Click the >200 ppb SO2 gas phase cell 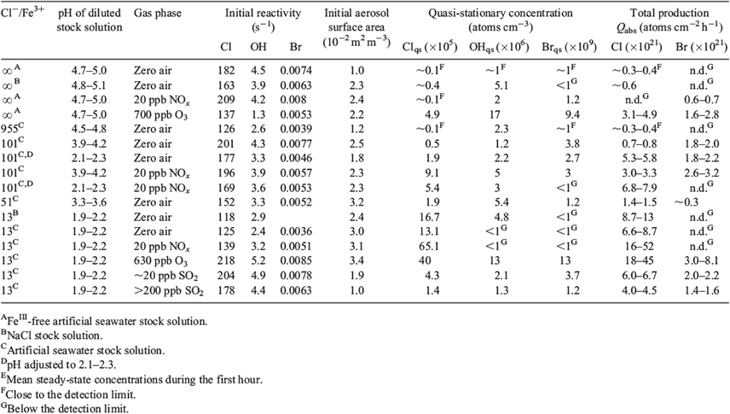[169, 290]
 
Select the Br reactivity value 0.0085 [296, 261]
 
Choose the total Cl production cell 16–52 [640, 246]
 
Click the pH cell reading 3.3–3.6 [89, 202]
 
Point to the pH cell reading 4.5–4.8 [89, 129]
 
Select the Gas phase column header [158, 14]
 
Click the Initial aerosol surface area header [356, 27]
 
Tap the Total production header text [669, 13]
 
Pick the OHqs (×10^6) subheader [499, 47]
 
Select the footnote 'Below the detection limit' [65, 409]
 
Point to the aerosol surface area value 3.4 [356, 261]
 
